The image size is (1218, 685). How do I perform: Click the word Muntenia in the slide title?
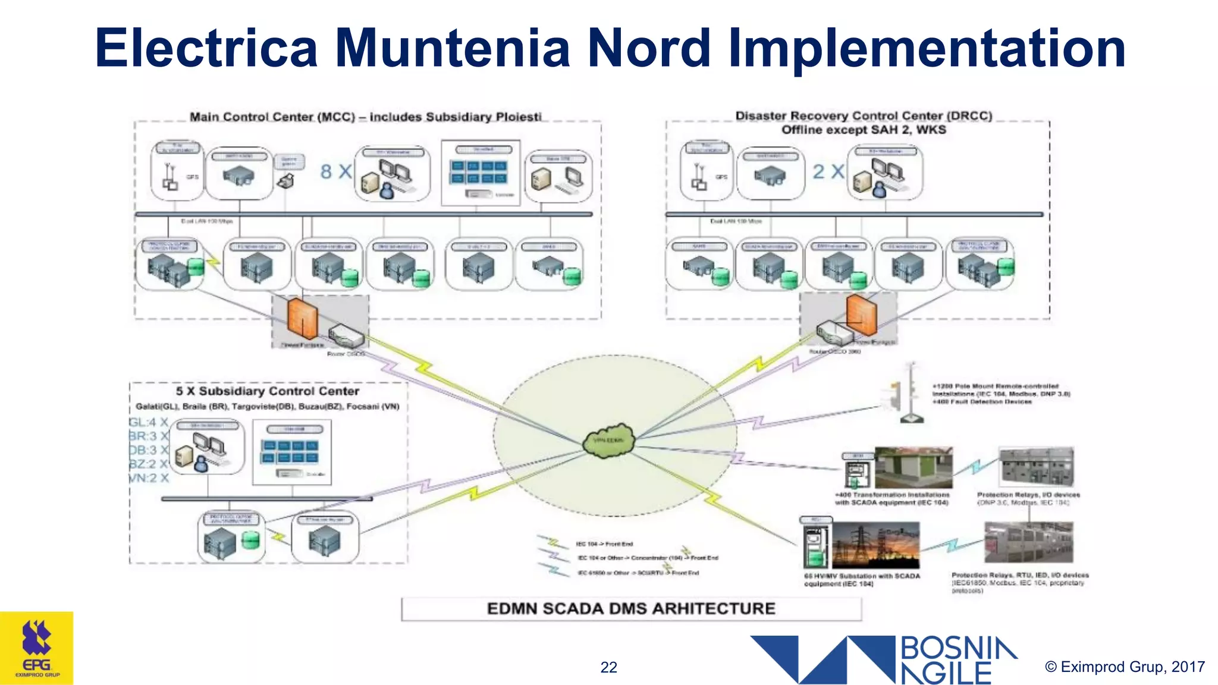point(452,49)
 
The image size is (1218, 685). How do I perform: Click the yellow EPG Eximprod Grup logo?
point(37,648)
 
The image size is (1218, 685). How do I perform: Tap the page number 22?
point(608,667)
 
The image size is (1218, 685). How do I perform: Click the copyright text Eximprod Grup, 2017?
point(1125,667)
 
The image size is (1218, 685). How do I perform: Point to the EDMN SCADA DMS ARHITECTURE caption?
point(631,609)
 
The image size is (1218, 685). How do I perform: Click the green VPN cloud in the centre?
point(608,441)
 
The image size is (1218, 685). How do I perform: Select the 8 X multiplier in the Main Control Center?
point(336,172)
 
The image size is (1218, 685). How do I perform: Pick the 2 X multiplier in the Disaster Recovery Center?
point(828,172)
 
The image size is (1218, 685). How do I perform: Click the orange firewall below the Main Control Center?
point(302,318)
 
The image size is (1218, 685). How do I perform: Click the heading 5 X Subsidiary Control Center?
point(267,391)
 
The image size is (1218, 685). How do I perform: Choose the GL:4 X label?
point(149,423)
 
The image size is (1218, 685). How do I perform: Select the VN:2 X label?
point(149,478)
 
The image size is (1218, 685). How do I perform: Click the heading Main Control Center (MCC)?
point(365,117)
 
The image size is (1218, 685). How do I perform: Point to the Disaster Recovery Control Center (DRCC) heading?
point(864,116)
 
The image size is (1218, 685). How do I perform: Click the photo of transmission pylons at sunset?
point(875,545)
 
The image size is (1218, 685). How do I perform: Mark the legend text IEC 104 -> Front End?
point(604,544)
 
